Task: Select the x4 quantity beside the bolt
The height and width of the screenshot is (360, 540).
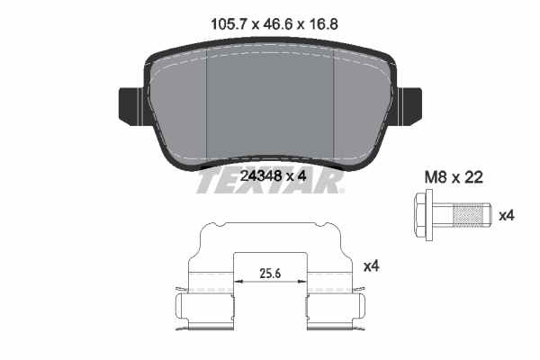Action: point(507,215)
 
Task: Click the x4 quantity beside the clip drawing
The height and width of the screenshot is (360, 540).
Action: point(370,266)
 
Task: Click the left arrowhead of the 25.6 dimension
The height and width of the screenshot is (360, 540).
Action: point(237,282)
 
